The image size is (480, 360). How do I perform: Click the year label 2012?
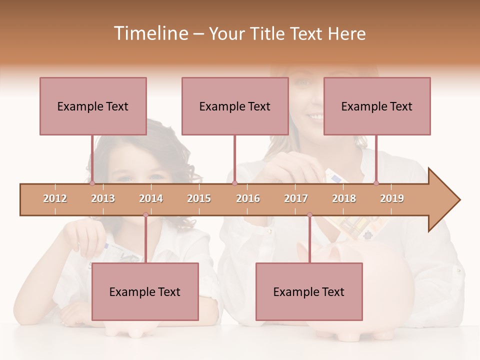pos(55,198)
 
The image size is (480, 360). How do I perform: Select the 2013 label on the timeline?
pos(103,198)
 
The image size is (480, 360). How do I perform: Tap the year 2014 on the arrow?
pos(151,198)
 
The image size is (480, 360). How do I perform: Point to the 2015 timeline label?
pos(199,198)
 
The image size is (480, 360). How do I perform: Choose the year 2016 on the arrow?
pos(248,198)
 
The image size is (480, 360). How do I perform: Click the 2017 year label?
pos(296,198)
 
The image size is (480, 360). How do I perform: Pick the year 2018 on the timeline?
pos(344,198)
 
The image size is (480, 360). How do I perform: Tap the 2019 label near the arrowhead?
pos(392,198)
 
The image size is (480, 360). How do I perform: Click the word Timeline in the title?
pos(150,33)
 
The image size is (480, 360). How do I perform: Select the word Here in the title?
pos(347,33)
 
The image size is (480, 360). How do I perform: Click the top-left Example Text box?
pos(93,106)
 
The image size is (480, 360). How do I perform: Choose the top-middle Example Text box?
pos(235,106)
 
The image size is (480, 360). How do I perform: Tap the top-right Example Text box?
pos(377,106)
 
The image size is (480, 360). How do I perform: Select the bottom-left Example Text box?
pos(145,291)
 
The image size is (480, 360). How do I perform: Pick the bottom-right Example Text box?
pos(309,291)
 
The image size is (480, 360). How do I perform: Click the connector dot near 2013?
pos(92,183)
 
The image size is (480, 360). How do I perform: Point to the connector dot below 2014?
pos(145,215)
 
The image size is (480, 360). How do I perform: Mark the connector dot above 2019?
pos(376,183)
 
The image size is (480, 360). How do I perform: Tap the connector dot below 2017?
pos(309,215)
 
